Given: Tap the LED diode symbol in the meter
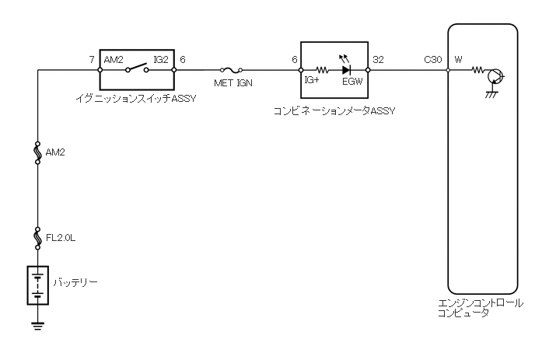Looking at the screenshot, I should pos(346,69).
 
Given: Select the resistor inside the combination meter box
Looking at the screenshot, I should pos(321,69).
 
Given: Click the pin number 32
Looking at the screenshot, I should pos(378,59).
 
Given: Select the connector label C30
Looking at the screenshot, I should pos(434,59).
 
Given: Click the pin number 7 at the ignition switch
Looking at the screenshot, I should pos(93,59).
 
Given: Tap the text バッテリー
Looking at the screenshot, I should pos(75,281).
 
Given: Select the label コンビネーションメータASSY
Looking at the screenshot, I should pos(334,110).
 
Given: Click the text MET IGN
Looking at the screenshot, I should pos(233,82).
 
